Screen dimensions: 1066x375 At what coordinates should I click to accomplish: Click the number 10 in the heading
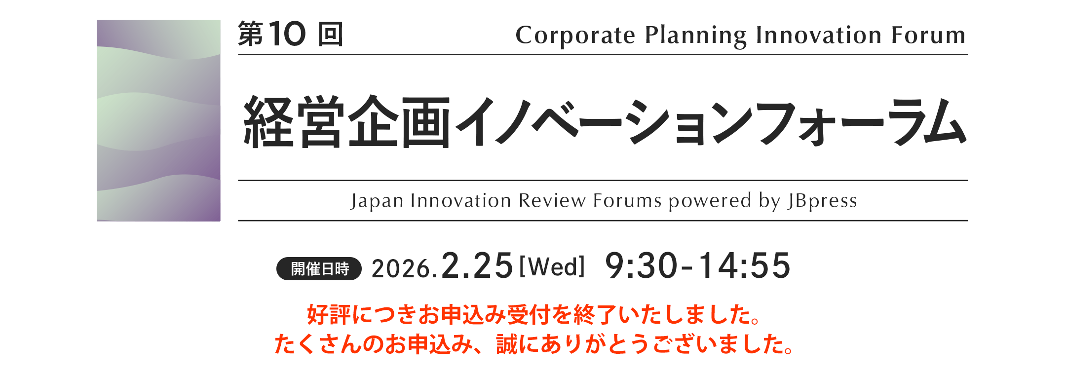tap(287, 34)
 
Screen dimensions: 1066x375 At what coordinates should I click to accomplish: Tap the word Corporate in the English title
tap(575, 36)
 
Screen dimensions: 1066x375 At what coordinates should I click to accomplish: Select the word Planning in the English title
tap(696, 36)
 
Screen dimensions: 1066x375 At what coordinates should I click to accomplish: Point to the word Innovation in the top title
tap(819, 35)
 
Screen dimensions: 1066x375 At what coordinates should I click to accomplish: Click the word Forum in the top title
tap(928, 35)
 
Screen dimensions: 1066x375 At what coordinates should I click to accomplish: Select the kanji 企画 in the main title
tap(399, 122)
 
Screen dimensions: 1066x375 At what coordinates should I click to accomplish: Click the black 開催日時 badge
tap(319, 269)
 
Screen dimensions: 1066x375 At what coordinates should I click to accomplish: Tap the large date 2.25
tap(477, 266)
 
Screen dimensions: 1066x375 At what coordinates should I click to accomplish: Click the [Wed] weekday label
tap(552, 266)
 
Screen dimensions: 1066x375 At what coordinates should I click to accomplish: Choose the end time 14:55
tap(744, 266)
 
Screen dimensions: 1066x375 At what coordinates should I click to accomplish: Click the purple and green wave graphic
tap(158, 120)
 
